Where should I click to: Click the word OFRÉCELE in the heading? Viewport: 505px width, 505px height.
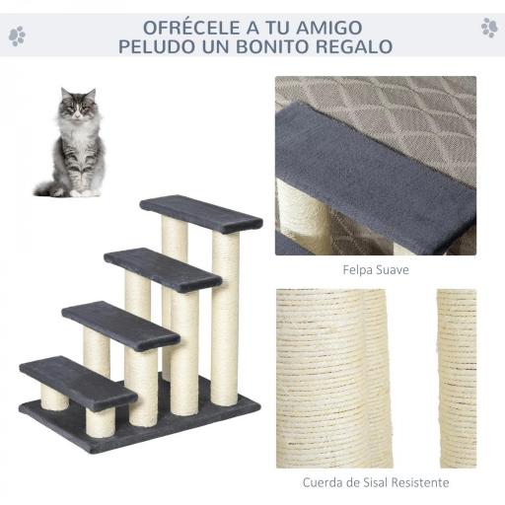[184, 26]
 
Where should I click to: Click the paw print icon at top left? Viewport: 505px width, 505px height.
[17, 36]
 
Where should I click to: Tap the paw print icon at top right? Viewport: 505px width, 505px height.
[488, 28]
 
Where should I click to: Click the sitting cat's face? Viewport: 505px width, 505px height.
[78, 107]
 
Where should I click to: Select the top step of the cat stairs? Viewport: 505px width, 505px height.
[200, 213]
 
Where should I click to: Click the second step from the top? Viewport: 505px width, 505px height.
[162, 268]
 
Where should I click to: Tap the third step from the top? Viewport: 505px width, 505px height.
[119, 325]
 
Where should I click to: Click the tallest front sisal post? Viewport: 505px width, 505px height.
[225, 316]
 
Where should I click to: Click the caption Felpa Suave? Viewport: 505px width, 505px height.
[376, 268]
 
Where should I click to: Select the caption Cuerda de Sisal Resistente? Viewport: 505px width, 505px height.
[376, 482]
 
